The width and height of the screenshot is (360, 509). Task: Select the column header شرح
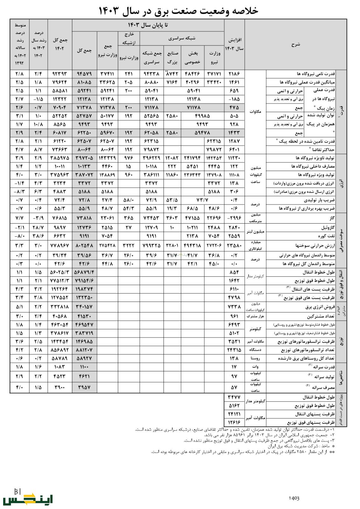(295, 45)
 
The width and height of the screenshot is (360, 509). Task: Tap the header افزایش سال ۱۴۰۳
(234, 44)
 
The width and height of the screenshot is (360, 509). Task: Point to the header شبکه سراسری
(182, 38)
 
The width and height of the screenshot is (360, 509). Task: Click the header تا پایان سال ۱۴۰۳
(148, 25)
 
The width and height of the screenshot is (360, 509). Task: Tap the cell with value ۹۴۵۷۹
(84, 74)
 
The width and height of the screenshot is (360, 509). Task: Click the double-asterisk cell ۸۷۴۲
(173, 74)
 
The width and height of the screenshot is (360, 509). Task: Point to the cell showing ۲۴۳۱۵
(234, 350)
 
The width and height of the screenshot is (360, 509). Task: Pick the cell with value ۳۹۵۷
(84, 387)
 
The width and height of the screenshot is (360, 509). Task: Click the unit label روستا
(255, 358)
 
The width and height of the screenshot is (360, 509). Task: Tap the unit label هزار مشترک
(255, 316)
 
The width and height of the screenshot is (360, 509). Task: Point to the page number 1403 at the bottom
(294, 498)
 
